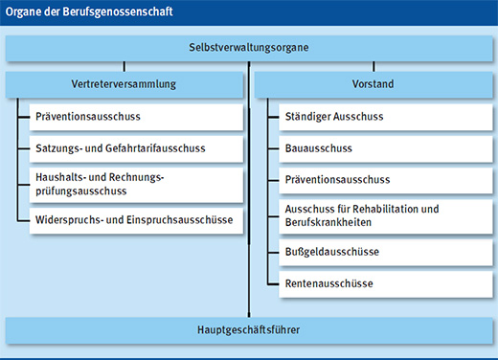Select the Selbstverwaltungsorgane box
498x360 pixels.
[248, 48]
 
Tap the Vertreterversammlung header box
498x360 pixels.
[124, 84]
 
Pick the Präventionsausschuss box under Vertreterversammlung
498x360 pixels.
[135, 118]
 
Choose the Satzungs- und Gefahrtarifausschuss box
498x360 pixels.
[135, 148]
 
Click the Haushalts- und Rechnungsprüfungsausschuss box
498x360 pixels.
[135, 184]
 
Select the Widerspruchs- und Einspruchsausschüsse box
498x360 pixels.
[135, 220]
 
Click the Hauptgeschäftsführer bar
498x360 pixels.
[248, 330]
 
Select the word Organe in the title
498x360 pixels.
[25, 12]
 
